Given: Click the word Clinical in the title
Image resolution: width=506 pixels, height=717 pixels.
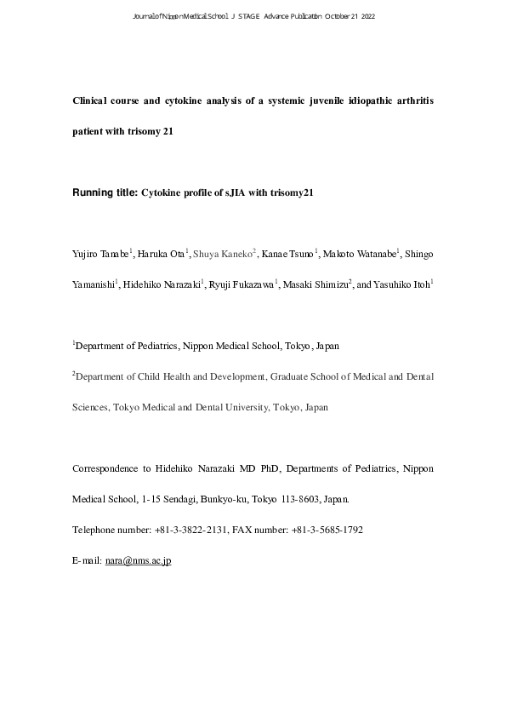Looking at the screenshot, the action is click(93, 101).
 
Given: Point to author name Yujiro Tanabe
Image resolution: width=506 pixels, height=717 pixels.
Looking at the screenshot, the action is click(99, 254).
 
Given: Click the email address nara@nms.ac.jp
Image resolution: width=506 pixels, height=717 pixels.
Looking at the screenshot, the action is click(138, 564).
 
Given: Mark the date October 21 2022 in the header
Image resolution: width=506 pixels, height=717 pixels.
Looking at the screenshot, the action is click(350, 16).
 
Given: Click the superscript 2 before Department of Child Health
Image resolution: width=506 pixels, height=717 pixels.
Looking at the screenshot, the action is click(74, 372).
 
